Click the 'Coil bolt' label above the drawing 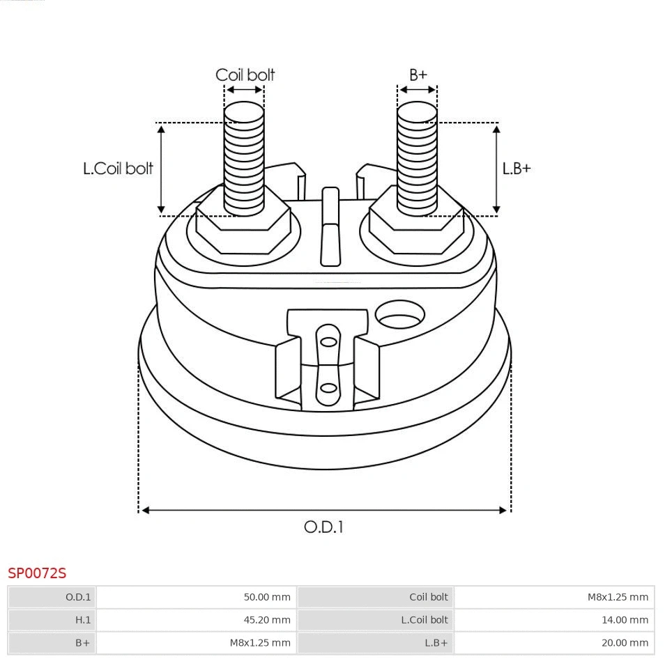[x=245, y=75]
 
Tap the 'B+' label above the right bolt [x=418, y=75]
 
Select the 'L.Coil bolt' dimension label [x=118, y=169]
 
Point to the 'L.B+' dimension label [x=517, y=169]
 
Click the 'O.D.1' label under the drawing [x=323, y=527]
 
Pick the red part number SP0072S [x=37, y=573]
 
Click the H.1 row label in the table [x=83, y=619]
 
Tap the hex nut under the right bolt [x=415, y=226]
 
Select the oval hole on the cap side [x=399, y=316]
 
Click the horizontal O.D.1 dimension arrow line [x=324, y=510]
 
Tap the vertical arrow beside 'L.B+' [x=496, y=169]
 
